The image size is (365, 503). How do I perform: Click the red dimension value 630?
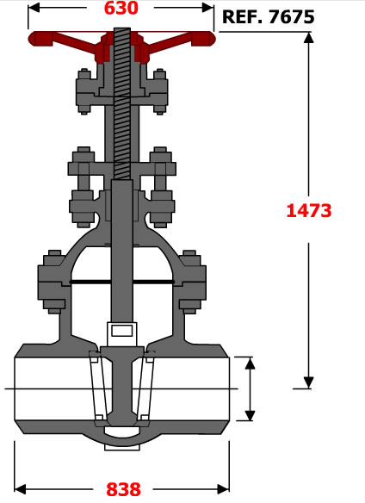pos(121,8)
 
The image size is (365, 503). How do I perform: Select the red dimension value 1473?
pos(308,211)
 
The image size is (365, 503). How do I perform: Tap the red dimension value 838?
pos(123,489)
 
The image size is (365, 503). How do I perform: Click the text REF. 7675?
pos(268,16)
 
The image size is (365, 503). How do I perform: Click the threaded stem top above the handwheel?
pos(122,30)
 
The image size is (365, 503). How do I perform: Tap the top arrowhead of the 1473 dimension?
pos(308,38)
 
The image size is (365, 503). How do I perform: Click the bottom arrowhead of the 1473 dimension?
pos(308,382)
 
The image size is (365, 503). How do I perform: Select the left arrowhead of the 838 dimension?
pos(20,489)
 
